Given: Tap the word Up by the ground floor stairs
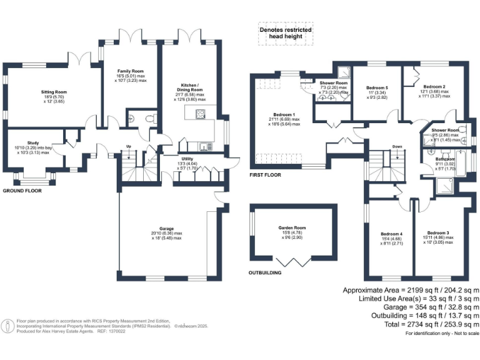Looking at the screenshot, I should point(129,146).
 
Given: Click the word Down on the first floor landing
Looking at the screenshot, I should point(397,148).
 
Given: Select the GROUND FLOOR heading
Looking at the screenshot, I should point(22,190).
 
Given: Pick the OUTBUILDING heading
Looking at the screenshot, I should point(265,272).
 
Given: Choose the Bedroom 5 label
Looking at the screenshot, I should point(377,87).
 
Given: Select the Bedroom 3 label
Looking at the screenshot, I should point(439,232).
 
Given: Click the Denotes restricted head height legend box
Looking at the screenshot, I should point(286,34).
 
